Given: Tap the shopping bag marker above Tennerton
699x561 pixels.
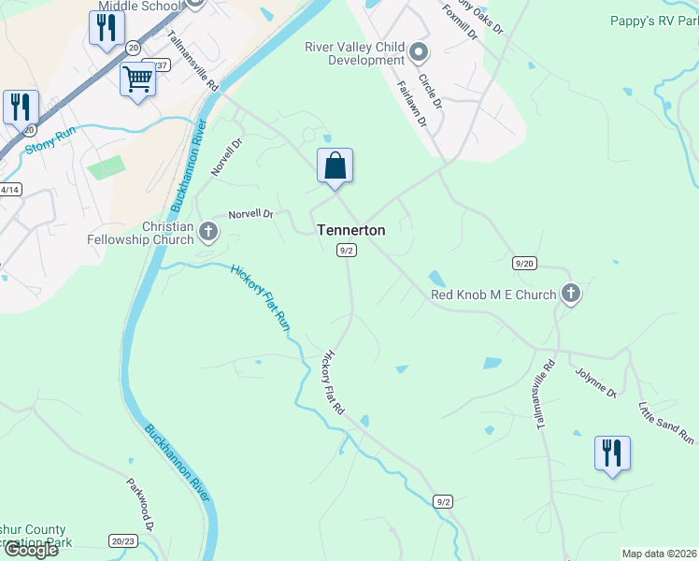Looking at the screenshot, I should coord(335,166).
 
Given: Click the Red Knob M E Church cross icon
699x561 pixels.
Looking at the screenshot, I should coord(570,295).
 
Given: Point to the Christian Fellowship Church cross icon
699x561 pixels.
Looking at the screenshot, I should coord(207,233).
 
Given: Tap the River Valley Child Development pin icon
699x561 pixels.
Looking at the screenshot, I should coord(419,52).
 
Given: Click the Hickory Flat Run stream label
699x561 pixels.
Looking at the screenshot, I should coord(260,296).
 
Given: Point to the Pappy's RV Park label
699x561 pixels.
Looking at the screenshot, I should coord(653,20).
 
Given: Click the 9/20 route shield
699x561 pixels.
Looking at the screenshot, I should coord(524,264).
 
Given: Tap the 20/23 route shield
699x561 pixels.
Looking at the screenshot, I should coord(122,540).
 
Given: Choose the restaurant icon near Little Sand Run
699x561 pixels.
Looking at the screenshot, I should coord(612,453).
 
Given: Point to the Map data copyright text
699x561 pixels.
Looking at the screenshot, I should coord(659,554).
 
